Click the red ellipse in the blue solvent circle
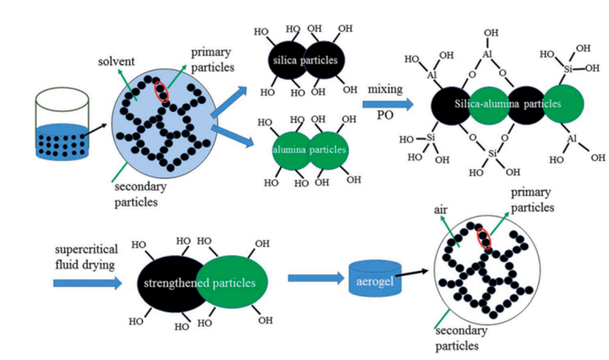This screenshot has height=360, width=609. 161,91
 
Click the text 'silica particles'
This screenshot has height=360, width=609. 304,61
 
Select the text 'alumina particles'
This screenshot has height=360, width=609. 303,150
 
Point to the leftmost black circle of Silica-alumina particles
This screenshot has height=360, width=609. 452,104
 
